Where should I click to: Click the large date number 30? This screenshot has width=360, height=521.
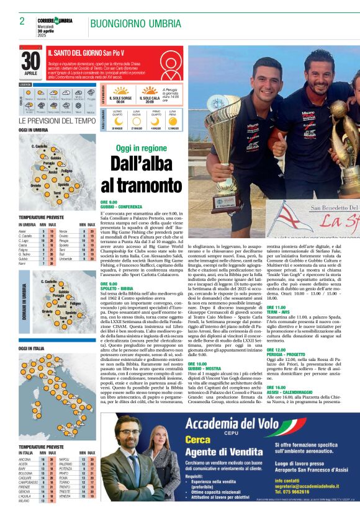coord(30,61)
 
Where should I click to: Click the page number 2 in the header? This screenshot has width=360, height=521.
coord(22,21)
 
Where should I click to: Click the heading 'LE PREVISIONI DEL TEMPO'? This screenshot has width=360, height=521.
coord(57,121)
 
